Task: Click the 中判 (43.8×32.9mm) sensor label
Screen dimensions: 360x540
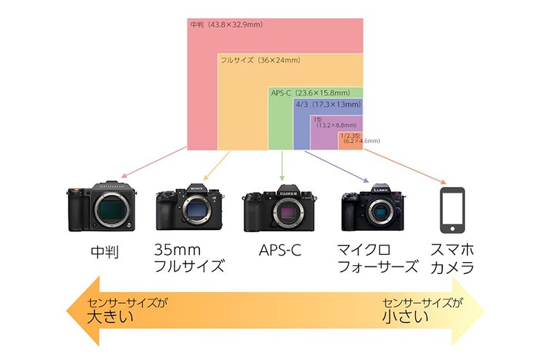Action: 226,25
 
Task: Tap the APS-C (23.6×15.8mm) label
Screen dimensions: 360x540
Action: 315,93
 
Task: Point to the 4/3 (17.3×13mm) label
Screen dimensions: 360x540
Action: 328,105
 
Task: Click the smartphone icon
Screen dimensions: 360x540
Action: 452,209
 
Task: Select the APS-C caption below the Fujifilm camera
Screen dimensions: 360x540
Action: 280,250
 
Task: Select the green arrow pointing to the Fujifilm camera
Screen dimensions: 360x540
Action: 281,166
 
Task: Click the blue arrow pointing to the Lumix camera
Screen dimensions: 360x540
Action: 336,166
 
